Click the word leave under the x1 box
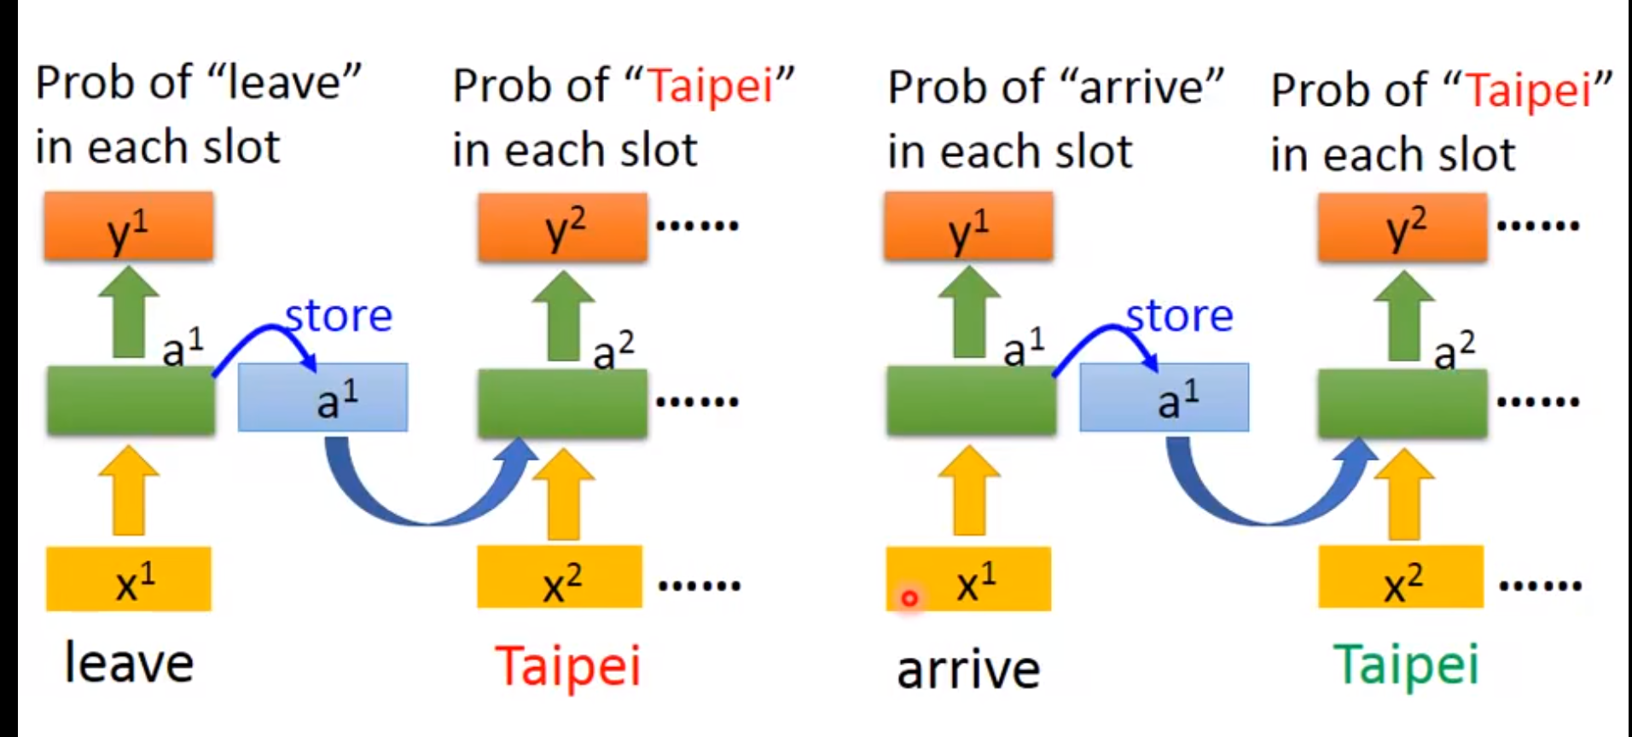pos(130,664)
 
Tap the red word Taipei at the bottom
pos(567,666)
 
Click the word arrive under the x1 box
pos(968,670)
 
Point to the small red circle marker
pos(909,599)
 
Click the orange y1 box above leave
pos(129,226)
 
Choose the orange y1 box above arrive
pos(968,226)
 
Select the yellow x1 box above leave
pos(129,579)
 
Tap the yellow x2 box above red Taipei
pos(560,577)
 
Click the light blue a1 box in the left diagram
pos(322,398)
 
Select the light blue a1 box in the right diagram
pos(1164,398)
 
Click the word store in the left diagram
pos(339,316)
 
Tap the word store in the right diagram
pos(1180,316)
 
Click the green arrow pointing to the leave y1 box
pos(129,311)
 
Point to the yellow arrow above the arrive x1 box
pos(970,490)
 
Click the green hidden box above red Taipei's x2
pos(561,403)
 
